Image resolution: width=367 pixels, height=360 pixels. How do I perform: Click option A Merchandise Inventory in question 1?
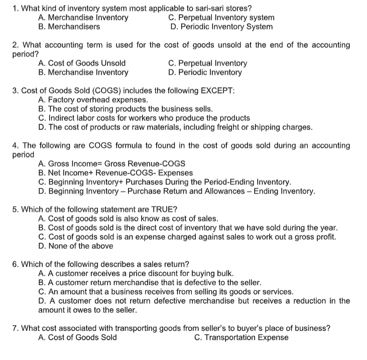click(x=83, y=18)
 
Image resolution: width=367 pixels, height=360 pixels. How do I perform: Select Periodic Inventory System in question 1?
click(x=221, y=27)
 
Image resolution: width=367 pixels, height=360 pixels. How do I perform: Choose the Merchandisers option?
click(x=69, y=27)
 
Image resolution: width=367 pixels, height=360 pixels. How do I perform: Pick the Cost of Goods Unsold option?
click(x=82, y=63)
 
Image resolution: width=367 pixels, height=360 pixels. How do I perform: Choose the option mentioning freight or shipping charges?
click(x=175, y=127)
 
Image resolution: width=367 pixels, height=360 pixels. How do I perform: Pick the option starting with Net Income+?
click(x=115, y=173)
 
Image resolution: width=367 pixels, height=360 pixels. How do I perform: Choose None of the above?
click(x=75, y=246)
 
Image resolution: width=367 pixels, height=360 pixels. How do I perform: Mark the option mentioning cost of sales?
click(x=128, y=218)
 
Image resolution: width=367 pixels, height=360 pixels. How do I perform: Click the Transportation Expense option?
click(x=241, y=337)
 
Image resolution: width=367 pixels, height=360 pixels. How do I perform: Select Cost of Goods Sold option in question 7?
click(x=77, y=337)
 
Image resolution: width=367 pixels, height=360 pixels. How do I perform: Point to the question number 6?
click(x=15, y=265)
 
